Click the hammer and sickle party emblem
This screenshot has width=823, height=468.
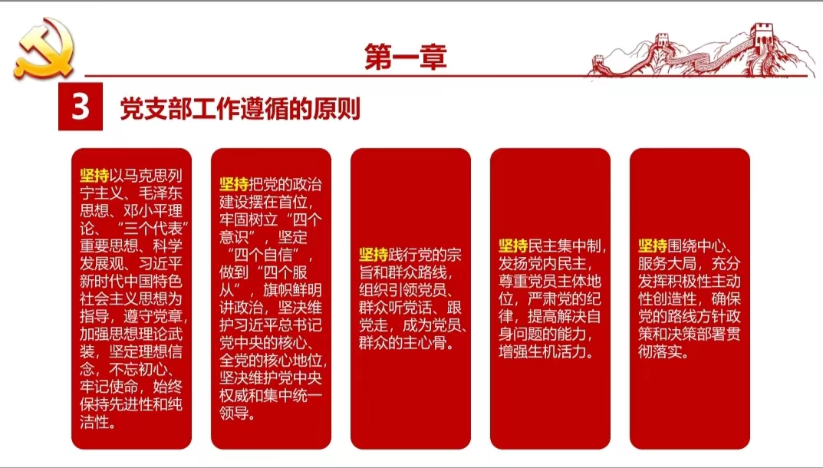point(44,48)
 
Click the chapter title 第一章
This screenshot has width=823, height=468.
point(406,57)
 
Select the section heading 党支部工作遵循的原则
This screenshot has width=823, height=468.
point(240,108)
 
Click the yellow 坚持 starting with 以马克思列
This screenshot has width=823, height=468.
point(94,176)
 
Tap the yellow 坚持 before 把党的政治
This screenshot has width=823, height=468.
point(234,184)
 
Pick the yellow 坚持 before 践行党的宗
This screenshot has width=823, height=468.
point(374,255)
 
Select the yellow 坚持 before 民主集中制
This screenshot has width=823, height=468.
point(513,246)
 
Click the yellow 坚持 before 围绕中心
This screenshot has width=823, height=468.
point(653,246)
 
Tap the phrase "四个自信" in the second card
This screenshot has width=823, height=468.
point(267,255)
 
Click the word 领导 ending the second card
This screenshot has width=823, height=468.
point(234,413)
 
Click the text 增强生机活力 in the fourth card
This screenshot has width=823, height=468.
point(543,351)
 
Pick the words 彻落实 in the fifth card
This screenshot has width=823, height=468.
point(660,351)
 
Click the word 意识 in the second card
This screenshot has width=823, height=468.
point(234,237)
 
